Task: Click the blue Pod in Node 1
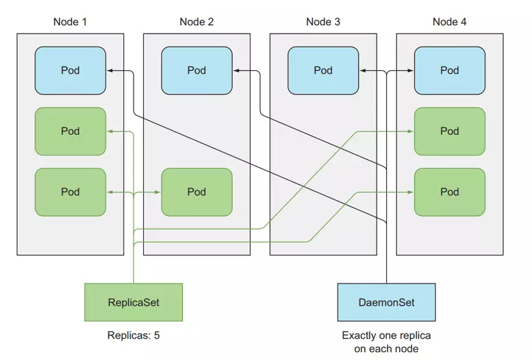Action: [70, 70]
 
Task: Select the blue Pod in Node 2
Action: [197, 70]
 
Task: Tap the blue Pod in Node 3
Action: [323, 70]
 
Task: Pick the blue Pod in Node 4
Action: [449, 70]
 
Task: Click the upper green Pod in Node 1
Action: [70, 131]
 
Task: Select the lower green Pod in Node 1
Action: [70, 192]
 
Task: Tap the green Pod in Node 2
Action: [197, 192]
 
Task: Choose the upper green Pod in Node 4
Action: [449, 131]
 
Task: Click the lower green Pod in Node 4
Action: [449, 192]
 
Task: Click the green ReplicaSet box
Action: [133, 302]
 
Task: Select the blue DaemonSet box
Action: [386, 302]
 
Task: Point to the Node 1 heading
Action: [70, 22]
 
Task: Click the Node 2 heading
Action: [197, 22]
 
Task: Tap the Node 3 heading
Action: [323, 22]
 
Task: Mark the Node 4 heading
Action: [449, 22]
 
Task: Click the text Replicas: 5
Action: [133, 335]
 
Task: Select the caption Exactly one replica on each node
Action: [386, 342]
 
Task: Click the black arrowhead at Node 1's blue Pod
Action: [110, 70]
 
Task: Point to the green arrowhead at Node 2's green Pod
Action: [158, 192]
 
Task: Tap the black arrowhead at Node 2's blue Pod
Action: [236, 70]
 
